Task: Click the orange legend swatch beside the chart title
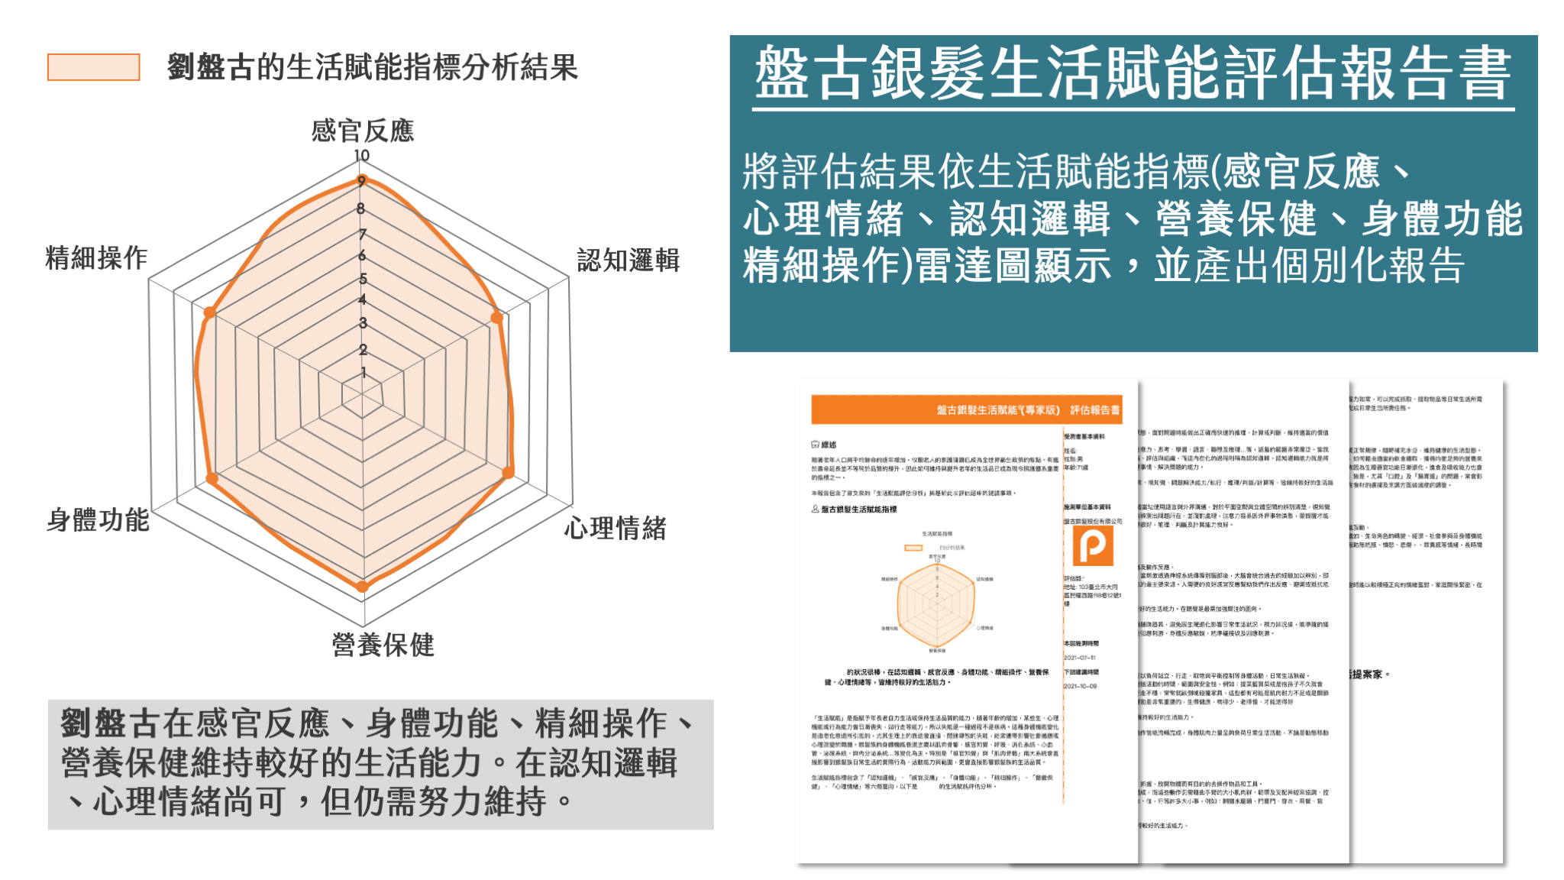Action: point(93,67)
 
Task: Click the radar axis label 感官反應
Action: point(363,131)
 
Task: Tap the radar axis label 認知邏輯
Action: point(628,260)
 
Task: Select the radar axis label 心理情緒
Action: point(615,528)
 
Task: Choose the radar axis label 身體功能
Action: point(98,520)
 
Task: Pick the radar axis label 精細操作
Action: point(96,258)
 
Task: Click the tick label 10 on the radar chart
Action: point(361,156)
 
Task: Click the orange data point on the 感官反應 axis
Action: point(362,181)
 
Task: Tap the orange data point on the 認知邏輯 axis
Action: point(497,318)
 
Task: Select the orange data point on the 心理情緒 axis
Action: point(508,473)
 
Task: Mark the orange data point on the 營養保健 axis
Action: point(362,587)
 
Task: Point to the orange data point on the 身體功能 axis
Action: point(212,479)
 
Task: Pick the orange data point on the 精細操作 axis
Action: point(209,312)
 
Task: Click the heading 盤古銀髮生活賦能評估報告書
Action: point(1133,73)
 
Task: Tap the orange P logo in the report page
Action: point(1093,545)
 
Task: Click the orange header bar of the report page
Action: point(966,409)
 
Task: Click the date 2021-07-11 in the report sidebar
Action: point(1080,658)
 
